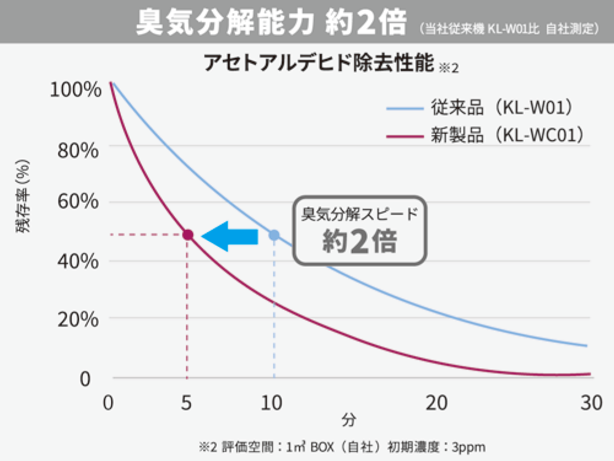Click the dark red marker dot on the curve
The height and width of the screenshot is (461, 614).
188,235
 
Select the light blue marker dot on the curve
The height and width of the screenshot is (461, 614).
274,235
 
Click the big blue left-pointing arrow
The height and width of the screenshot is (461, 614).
230,235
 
